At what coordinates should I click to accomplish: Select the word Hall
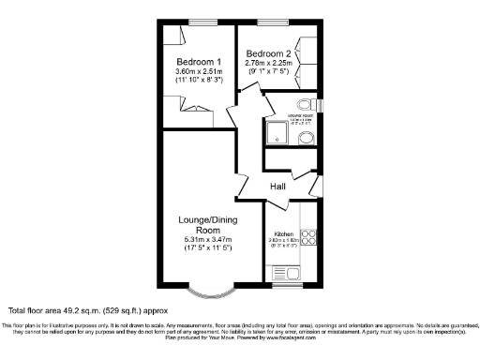pyautogui.click(x=277, y=187)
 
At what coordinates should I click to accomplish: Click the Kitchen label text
pyautogui.click(x=283, y=232)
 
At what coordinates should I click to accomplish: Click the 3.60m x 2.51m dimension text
pyautogui.click(x=198, y=71)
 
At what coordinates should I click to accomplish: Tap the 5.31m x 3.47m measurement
pyautogui.click(x=198, y=241)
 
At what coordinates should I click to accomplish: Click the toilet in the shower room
pyautogui.click(x=304, y=105)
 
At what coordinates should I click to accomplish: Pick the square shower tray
pyautogui.click(x=278, y=134)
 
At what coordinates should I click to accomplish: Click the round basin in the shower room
pyautogui.click(x=307, y=139)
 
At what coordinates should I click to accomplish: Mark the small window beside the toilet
pyautogui.click(x=321, y=105)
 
